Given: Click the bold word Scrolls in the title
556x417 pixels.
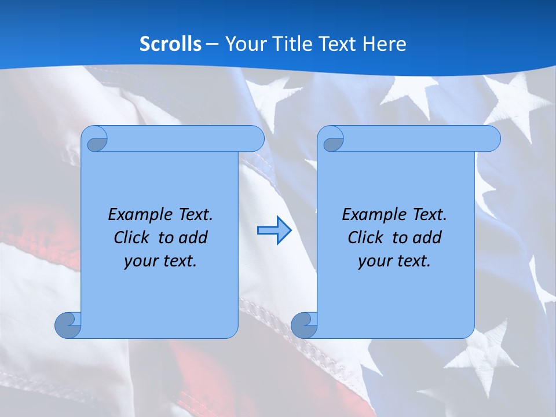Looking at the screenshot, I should click(170, 43).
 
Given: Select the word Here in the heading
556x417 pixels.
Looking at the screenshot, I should click(385, 43).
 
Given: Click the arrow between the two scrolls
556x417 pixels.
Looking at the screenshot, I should click(274, 231).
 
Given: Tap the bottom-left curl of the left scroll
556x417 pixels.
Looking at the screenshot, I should click(67, 326).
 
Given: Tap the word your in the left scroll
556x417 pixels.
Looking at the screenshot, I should click(140, 261).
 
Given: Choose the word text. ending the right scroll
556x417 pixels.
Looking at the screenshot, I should click(415, 261).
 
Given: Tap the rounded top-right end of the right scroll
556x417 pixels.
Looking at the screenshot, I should click(490, 139).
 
